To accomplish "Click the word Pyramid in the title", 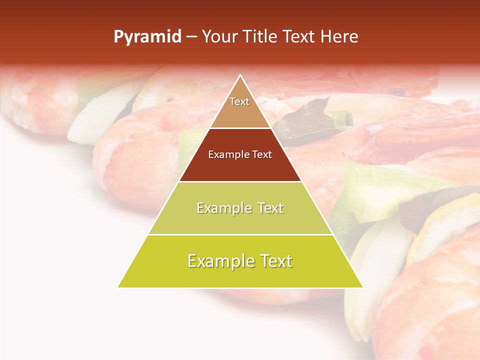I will tap(147, 37).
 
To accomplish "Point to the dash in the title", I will tap(191, 37).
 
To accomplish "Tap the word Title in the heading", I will tap(261, 37).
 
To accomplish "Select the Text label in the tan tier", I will tap(239, 101).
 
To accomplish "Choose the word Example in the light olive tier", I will tap(223, 208).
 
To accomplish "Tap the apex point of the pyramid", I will tap(240, 75).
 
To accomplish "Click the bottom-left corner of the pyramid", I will tap(118, 287).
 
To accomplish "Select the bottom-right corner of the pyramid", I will tap(363, 287).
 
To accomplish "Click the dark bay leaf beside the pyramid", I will tap(305, 117).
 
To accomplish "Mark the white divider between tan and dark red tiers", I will tap(240, 128).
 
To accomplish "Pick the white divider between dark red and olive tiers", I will tap(240, 181).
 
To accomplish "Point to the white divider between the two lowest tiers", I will tap(240, 234).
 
